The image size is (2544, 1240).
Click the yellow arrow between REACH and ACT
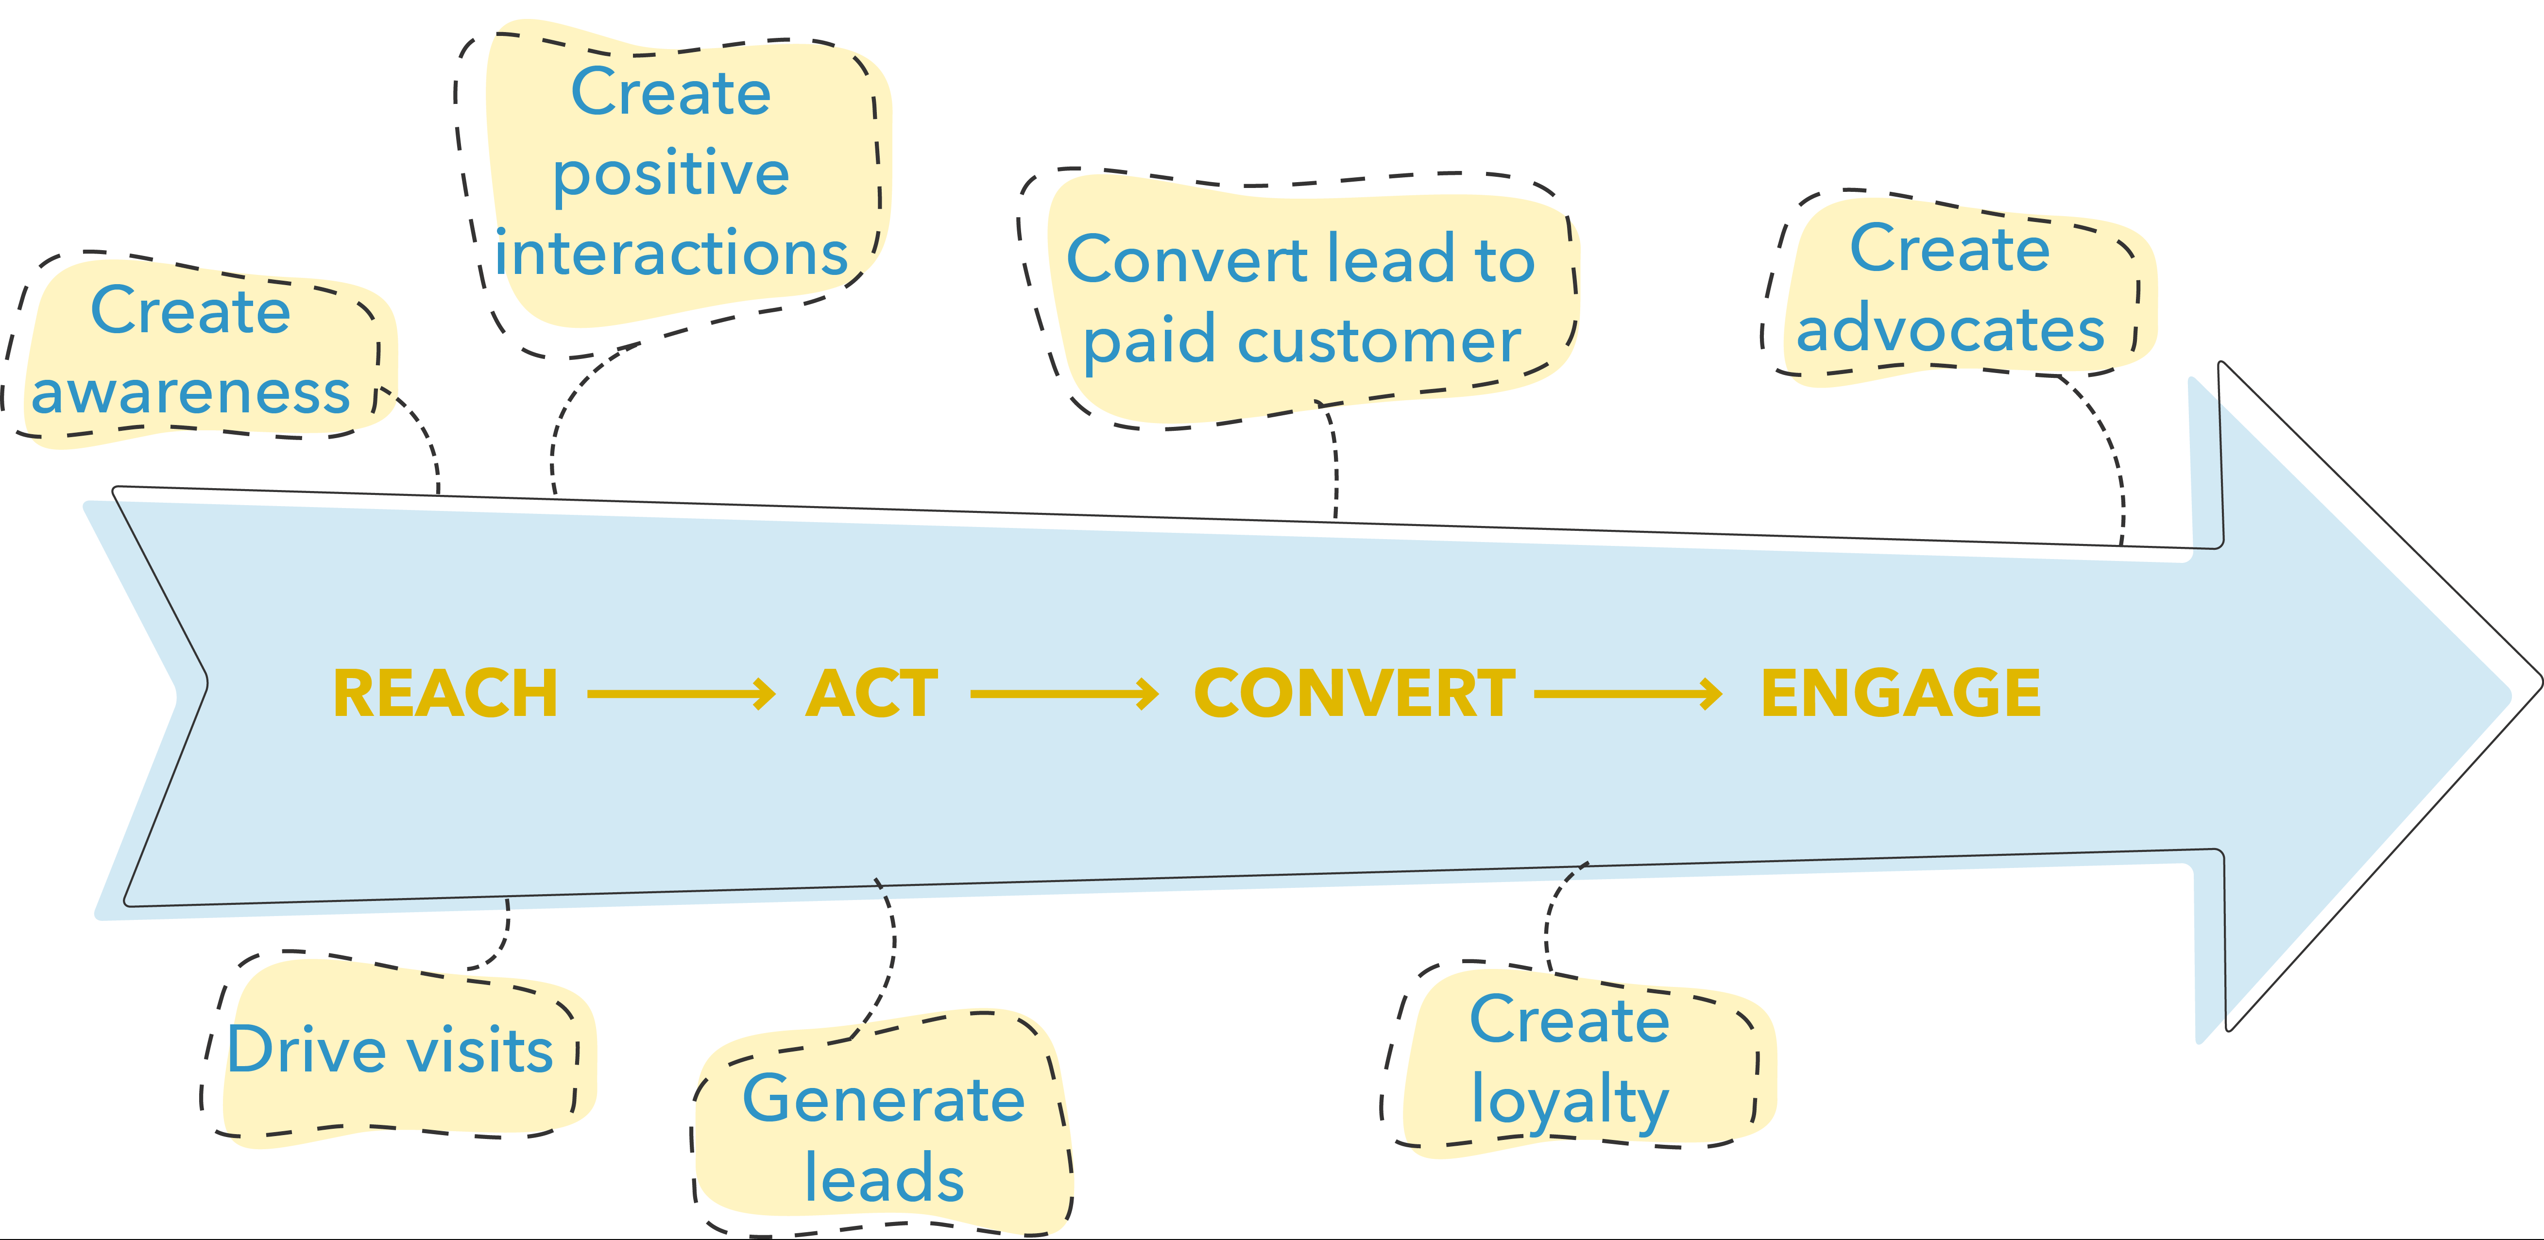[682, 694]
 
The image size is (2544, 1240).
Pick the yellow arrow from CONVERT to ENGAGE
[1627, 694]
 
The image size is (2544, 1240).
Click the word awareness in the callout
[190, 393]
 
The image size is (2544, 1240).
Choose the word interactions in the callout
[671, 254]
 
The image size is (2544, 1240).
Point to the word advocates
[1950, 329]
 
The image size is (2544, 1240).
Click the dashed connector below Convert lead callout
[1335, 464]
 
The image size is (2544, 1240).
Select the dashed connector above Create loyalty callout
[1551, 918]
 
